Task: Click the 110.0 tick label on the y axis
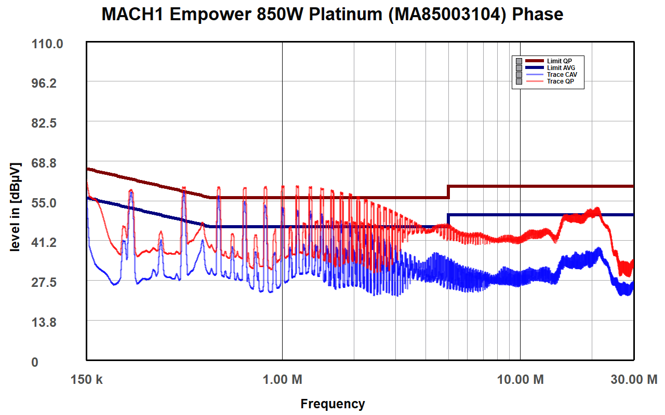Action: [47, 44]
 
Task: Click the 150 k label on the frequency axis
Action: [86, 380]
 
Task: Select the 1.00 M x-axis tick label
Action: [283, 380]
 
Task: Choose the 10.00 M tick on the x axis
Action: [520, 380]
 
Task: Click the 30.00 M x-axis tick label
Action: [633, 380]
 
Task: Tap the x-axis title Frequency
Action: [332, 404]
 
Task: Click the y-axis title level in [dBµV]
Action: [16, 207]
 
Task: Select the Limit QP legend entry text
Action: [560, 61]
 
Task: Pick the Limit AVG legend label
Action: [561, 68]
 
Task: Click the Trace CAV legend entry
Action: [562, 75]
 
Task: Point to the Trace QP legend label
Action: [561, 81]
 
